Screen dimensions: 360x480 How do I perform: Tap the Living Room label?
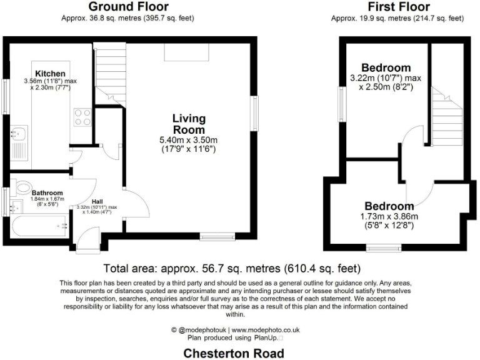[189, 124]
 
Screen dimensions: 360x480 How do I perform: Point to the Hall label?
[97, 201]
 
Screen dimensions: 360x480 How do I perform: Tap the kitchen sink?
[18, 133]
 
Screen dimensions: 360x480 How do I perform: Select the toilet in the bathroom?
[24, 186]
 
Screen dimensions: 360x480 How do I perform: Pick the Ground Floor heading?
[127, 7]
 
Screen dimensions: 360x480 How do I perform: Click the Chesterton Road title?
[233, 353]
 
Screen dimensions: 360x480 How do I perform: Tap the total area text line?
[232, 269]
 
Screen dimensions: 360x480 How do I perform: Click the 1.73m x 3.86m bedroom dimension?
[389, 217]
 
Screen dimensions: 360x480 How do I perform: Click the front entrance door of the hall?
[84, 243]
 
